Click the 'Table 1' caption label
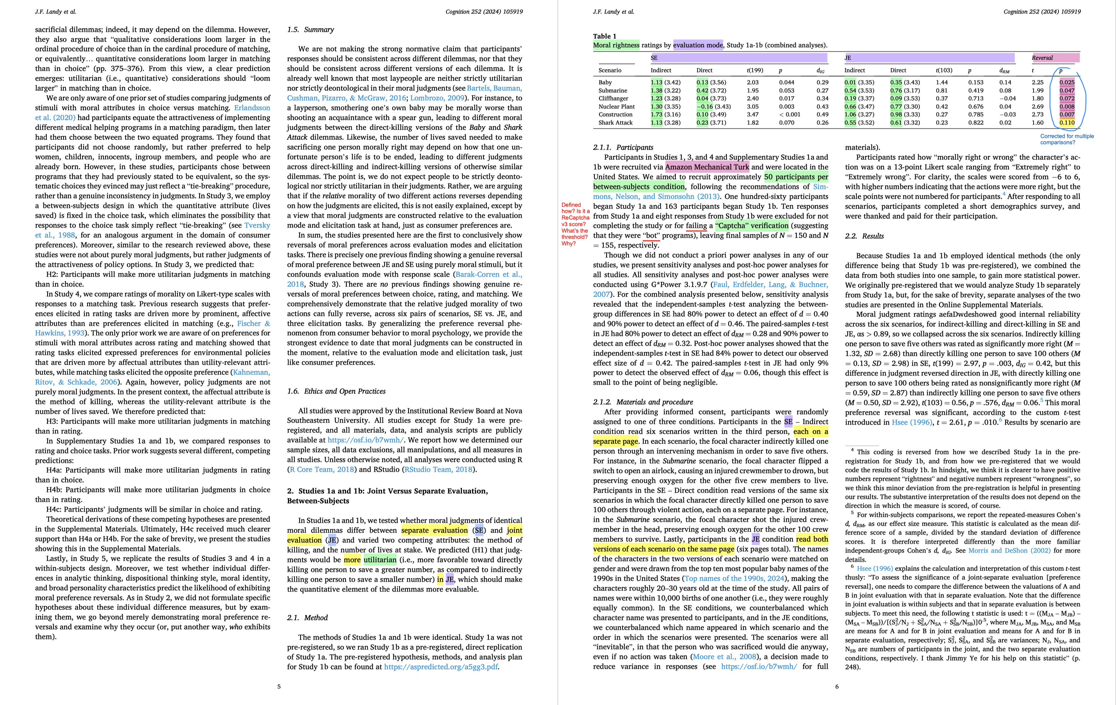[x=604, y=36]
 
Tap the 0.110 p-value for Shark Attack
[x=1067, y=123]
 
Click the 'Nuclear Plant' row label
[x=616, y=107]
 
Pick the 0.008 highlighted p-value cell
[x=1067, y=107]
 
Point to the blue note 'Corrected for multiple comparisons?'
[x=1067, y=139]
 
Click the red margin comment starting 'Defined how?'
[x=575, y=224]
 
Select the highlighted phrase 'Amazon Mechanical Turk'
[x=707, y=167]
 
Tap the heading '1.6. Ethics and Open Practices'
[x=336, y=391]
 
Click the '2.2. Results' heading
[x=864, y=236]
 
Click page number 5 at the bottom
[x=279, y=686]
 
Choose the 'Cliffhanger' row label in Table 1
[x=613, y=98]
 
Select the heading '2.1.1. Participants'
[x=623, y=147]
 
